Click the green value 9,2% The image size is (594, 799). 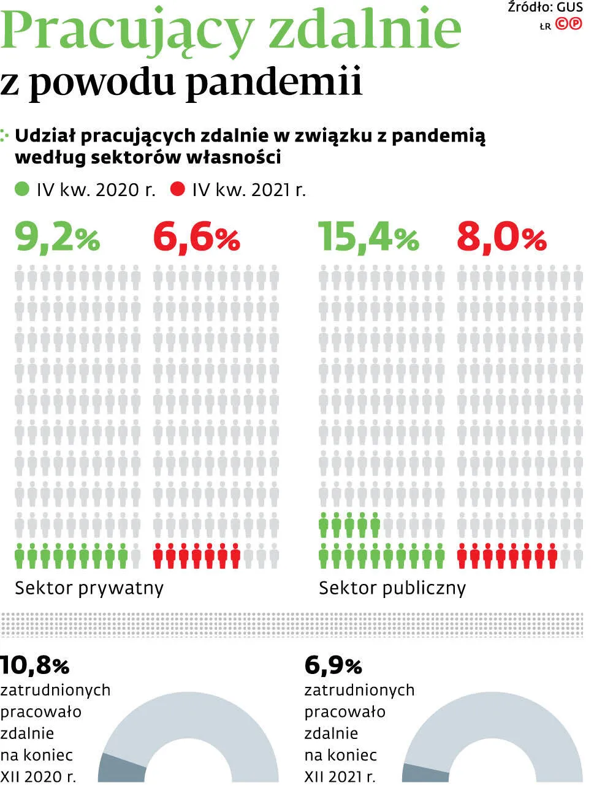coord(57,237)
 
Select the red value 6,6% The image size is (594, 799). coord(196,237)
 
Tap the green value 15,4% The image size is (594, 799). coord(368,237)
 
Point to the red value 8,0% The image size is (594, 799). coord(501,237)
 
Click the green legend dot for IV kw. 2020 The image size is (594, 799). coord(22,189)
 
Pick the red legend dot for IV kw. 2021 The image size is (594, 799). coord(178,189)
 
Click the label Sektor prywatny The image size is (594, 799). coord(89,588)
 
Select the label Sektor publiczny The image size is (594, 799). coord(392,588)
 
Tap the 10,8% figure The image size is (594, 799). coord(35,665)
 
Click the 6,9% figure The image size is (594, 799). coord(333,665)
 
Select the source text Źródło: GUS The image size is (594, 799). coord(545,7)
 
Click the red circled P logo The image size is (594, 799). coord(576,24)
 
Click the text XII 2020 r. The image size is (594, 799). coord(38,777)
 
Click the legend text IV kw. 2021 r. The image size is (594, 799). coord(248,190)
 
